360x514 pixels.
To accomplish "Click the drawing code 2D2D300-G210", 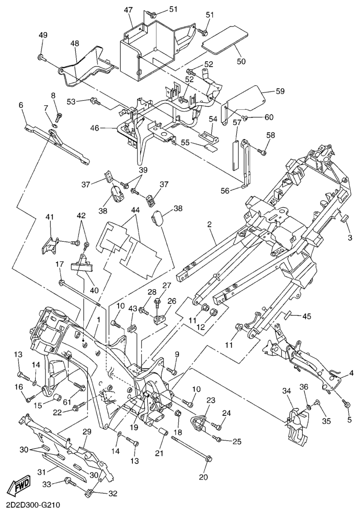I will click(32, 505).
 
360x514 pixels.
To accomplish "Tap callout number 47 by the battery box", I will click(128, 10).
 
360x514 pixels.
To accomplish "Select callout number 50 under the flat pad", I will click(241, 61).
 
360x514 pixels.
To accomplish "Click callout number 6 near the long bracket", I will click(21, 105).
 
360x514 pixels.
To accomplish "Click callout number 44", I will click(135, 210).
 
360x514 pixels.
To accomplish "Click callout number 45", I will click(306, 316).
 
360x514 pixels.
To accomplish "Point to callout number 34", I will click(286, 391).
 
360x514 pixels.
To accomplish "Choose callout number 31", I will click(43, 470).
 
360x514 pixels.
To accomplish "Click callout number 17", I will click(60, 264).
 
